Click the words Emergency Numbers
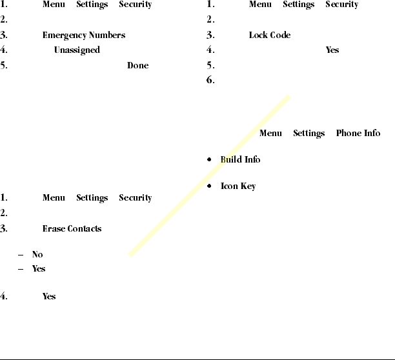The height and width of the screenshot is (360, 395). pyautogui.click(x=84, y=35)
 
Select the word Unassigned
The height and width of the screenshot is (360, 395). pyautogui.click(x=77, y=50)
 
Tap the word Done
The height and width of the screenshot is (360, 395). pyautogui.click(x=138, y=66)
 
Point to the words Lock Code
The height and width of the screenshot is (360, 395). pyautogui.click(x=269, y=35)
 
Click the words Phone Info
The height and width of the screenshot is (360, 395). pyautogui.click(x=358, y=134)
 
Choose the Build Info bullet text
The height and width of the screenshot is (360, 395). pyautogui.click(x=240, y=159)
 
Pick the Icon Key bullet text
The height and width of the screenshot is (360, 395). pyautogui.click(x=238, y=186)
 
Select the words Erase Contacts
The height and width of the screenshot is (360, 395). pyautogui.click(x=72, y=229)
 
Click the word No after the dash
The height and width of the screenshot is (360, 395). pyautogui.click(x=37, y=255)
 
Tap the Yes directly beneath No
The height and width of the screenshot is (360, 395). pyautogui.click(x=39, y=269)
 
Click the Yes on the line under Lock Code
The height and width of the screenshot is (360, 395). pyautogui.click(x=332, y=50)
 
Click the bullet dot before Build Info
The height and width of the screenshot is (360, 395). pyautogui.click(x=210, y=159)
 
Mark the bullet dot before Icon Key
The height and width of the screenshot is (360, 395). pyautogui.click(x=210, y=186)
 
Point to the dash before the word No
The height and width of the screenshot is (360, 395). pyautogui.click(x=23, y=255)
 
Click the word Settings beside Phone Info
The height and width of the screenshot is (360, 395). pyautogui.click(x=309, y=134)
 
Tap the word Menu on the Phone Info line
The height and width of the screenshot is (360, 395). pyautogui.click(x=270, y=134)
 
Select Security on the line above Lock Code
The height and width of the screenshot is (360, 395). pyautogui.click(x=341, y=5)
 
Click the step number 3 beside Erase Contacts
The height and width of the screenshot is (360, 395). pyautogui.click(x=4, y=229)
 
